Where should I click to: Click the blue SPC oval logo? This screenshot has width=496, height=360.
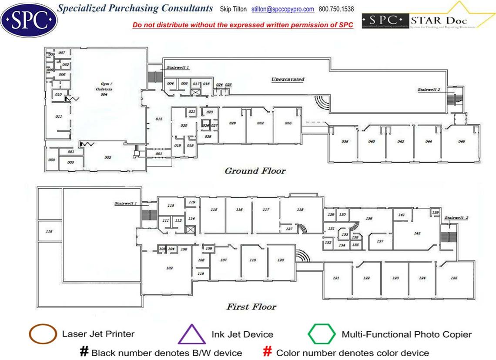pos(29,20)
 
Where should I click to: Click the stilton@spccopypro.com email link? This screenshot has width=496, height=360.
pos(283,9)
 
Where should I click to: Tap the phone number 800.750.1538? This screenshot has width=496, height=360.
pos(336,9)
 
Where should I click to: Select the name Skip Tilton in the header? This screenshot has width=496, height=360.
pos(234,9)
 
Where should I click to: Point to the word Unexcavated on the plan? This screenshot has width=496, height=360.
pos(288,80)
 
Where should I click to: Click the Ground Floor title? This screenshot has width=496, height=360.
pos(255,171)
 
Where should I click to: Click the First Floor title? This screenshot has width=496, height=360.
pos(251,307)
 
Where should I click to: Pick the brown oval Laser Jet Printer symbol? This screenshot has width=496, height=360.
pos(43,334)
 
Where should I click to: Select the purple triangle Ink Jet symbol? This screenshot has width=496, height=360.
pos(192,334)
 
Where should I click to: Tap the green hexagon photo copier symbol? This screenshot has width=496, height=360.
pos(322,334)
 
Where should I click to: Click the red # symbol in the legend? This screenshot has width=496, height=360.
pos(268,352)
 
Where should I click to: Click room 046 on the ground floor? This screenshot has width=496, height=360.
pos(461,142)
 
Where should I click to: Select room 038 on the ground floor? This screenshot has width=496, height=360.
pos(345,142)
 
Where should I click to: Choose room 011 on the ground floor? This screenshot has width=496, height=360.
pos(59,117)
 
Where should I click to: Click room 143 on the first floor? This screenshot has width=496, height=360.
pos(417,233)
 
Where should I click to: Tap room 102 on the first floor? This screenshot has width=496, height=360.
pos(170,268)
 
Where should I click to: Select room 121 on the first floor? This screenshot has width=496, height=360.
pos(336,278)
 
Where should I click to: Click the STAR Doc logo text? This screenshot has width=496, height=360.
pos(440,20)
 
